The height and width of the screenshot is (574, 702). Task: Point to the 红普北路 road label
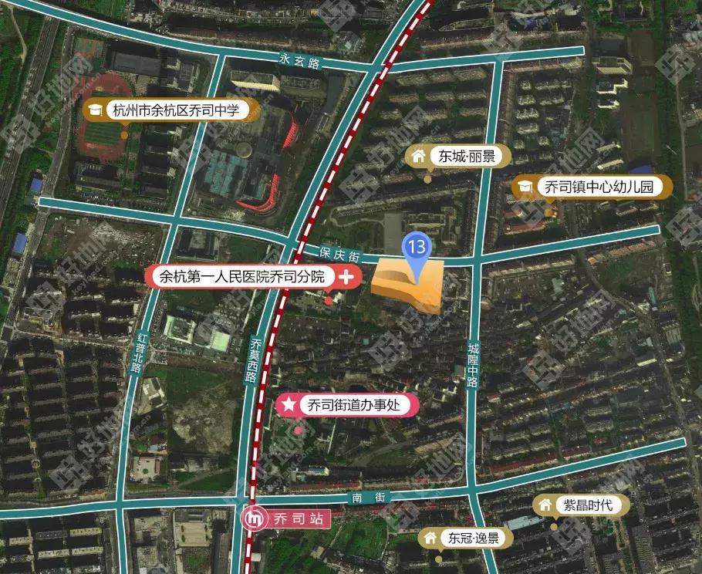point(139,353)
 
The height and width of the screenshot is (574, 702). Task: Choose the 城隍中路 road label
point(472,365)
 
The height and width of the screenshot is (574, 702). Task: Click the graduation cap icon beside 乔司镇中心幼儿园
point(526,187)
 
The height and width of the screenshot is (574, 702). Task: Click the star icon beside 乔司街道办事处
point(289,404)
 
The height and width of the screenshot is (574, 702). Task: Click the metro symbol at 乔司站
point(252,518)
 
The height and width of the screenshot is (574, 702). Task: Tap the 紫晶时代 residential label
point(587,505)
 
